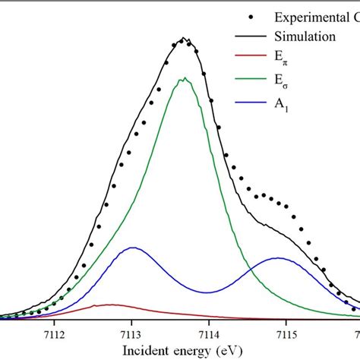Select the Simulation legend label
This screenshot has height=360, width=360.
tap(306, 36)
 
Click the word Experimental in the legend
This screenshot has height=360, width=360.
tap(308, 17)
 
